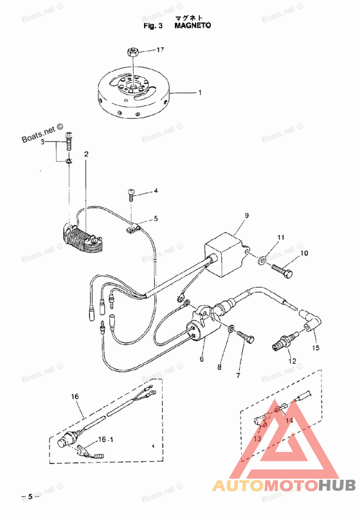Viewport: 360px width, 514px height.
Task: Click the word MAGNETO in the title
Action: pyautogui.click(x=193, y=26)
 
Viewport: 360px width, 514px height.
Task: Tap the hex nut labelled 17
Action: pyautogui.click(x=132, y=52)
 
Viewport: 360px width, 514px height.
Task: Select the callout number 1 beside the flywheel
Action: pyautogui.click(x=200, y=93)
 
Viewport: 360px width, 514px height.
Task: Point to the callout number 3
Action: pyautogui.click(x=43, y=142)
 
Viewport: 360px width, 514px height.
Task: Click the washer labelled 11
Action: pyautogui.click(x=262, y=261)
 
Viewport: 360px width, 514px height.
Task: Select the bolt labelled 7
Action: pyautogui.click(x=245, y=337)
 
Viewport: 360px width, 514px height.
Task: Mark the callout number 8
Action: pyautogui.click(x=219, y=367)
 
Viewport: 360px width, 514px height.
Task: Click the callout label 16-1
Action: pyautogui.click(x=105, y=439)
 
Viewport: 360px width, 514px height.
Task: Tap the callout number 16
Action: pyautogui.click(x=75, y=397)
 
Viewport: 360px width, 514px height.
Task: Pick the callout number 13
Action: pyautogui.click(x=257, y=438)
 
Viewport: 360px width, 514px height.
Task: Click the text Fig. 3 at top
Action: pyautogui.click(x=153, y=26)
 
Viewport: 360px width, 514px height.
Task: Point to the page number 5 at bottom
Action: pyautogui.click(x=30, y=496)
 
